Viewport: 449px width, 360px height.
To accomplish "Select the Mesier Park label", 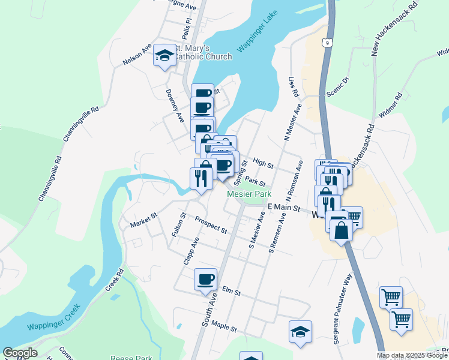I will coord(249,194).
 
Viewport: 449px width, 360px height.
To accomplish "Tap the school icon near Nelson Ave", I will coord(164,56).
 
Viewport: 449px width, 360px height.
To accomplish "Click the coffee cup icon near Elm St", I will coord(206,278).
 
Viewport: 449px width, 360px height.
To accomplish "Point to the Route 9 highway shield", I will coord(326,43).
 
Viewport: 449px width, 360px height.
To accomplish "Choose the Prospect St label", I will coord(211,225).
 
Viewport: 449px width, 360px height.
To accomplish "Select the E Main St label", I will coord(284,207).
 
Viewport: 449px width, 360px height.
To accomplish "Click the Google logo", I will coord(20,353).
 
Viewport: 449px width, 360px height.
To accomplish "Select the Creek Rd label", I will coord(115,280).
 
